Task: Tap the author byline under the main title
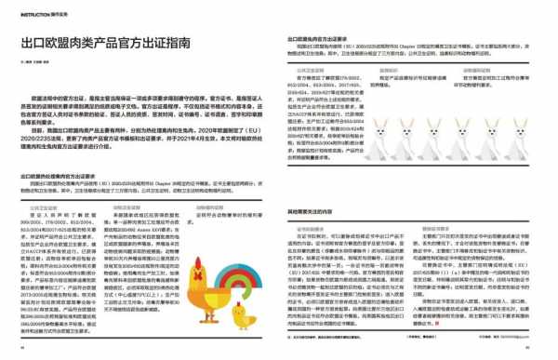pos(33,62)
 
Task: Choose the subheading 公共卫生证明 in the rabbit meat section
pos(312,69)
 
